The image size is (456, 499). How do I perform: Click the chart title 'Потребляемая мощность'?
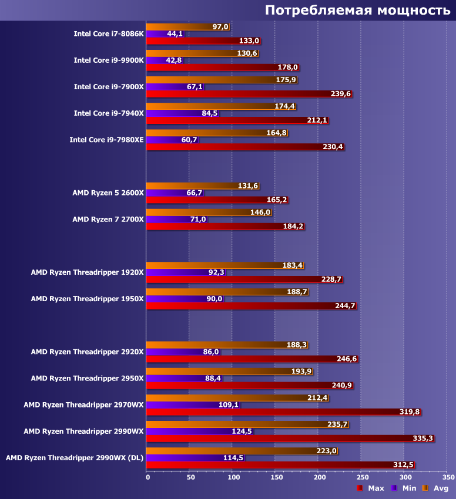(x=357, y=10)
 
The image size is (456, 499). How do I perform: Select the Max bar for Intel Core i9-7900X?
(x=235, y=94)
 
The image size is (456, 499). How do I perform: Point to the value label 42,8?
(x=175, y=60)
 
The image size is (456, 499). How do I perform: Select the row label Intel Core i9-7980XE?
(x=106, y=140)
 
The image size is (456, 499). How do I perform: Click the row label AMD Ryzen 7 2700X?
(x=108, y=219)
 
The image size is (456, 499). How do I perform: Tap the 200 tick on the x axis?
(x=319, y=477)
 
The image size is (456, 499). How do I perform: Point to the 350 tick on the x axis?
(x=448, y=477)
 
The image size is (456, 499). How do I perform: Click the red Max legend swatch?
(x=359, y=488)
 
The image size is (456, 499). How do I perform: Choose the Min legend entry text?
(x=408, y=488)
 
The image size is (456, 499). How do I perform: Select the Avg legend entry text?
(x=441, y=488)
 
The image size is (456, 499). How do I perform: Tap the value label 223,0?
(x=327, y=451)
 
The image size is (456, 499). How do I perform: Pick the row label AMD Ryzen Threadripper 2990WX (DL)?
(x=74, y=457)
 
